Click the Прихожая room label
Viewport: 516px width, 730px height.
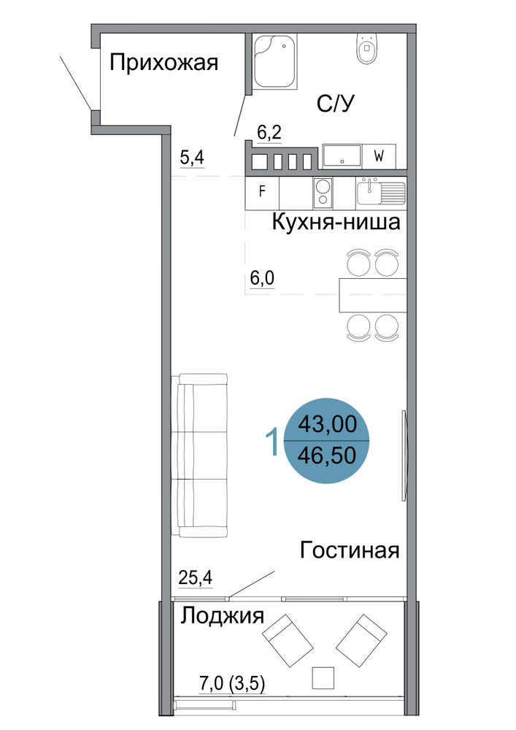point(163,62)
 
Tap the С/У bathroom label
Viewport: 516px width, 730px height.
point(336,104)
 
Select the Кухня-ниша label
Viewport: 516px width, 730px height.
point(336,222)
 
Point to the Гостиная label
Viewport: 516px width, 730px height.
point(350,550)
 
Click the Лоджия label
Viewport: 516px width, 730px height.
point(223,616)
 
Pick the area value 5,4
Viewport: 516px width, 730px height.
point(192,158)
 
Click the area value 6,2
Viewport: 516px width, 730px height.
point(269,133)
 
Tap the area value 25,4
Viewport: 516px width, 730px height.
point(196,577)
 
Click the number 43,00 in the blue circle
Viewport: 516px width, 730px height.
point(328,424)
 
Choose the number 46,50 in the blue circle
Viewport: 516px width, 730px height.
point(327,456)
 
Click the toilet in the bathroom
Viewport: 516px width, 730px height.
point(368,48)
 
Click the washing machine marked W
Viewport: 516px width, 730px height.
point(379,156)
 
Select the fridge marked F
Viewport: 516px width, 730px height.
point(262,192)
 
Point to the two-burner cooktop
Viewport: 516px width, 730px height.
point(323,193)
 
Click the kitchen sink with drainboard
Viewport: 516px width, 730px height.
point(381,193)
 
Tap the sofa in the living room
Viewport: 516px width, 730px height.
point(199,456)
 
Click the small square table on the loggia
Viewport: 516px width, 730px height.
point(323,677)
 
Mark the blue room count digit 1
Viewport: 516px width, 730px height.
point(272,442)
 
